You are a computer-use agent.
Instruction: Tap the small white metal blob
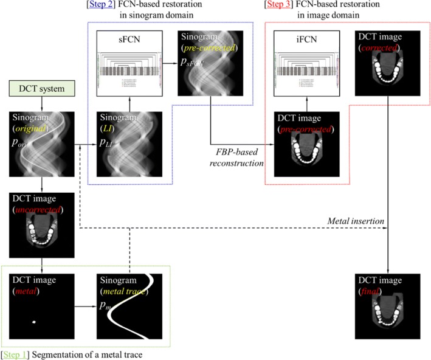[35, 322]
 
